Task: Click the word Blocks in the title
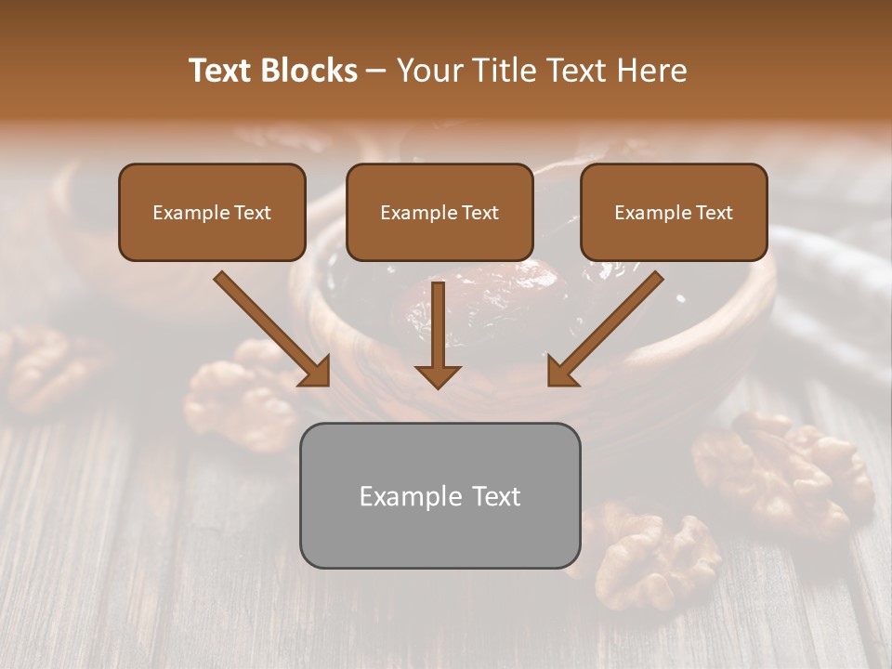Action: (x=310, y=71)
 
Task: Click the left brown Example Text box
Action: (x=212, y=212)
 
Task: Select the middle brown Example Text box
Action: (x=439, y=212)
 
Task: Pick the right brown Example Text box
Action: (x=674, y=212)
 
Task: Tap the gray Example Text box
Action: (x=439, y=495)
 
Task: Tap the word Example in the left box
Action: (x=186, y=213)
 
